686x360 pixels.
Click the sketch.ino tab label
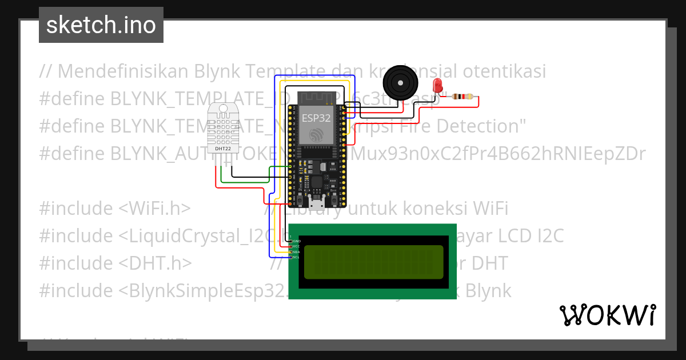[101, 25]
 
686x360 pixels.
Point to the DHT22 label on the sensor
[223, 149]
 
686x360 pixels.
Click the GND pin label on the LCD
[297, 241]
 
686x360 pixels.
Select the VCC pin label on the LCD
[297, 246]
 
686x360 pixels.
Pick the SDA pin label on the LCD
[297, 252]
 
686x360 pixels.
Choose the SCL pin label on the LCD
[297, 257]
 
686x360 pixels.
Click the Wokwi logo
[608, 315]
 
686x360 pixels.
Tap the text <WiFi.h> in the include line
[155, 208]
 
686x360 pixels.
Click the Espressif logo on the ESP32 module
[314, 134]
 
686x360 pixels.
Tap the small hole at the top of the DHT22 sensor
[223, 108]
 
